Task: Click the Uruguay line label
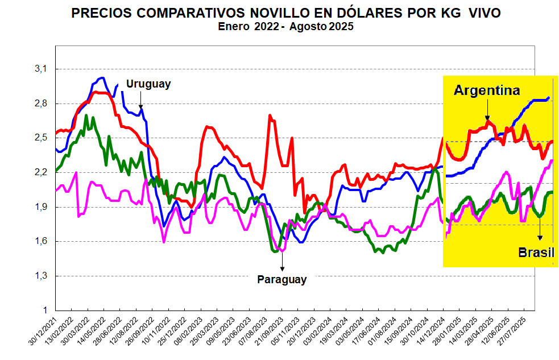[148, 84]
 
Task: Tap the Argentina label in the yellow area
[487, 90]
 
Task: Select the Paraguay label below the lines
[282, 279]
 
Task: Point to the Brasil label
[536, 253]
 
